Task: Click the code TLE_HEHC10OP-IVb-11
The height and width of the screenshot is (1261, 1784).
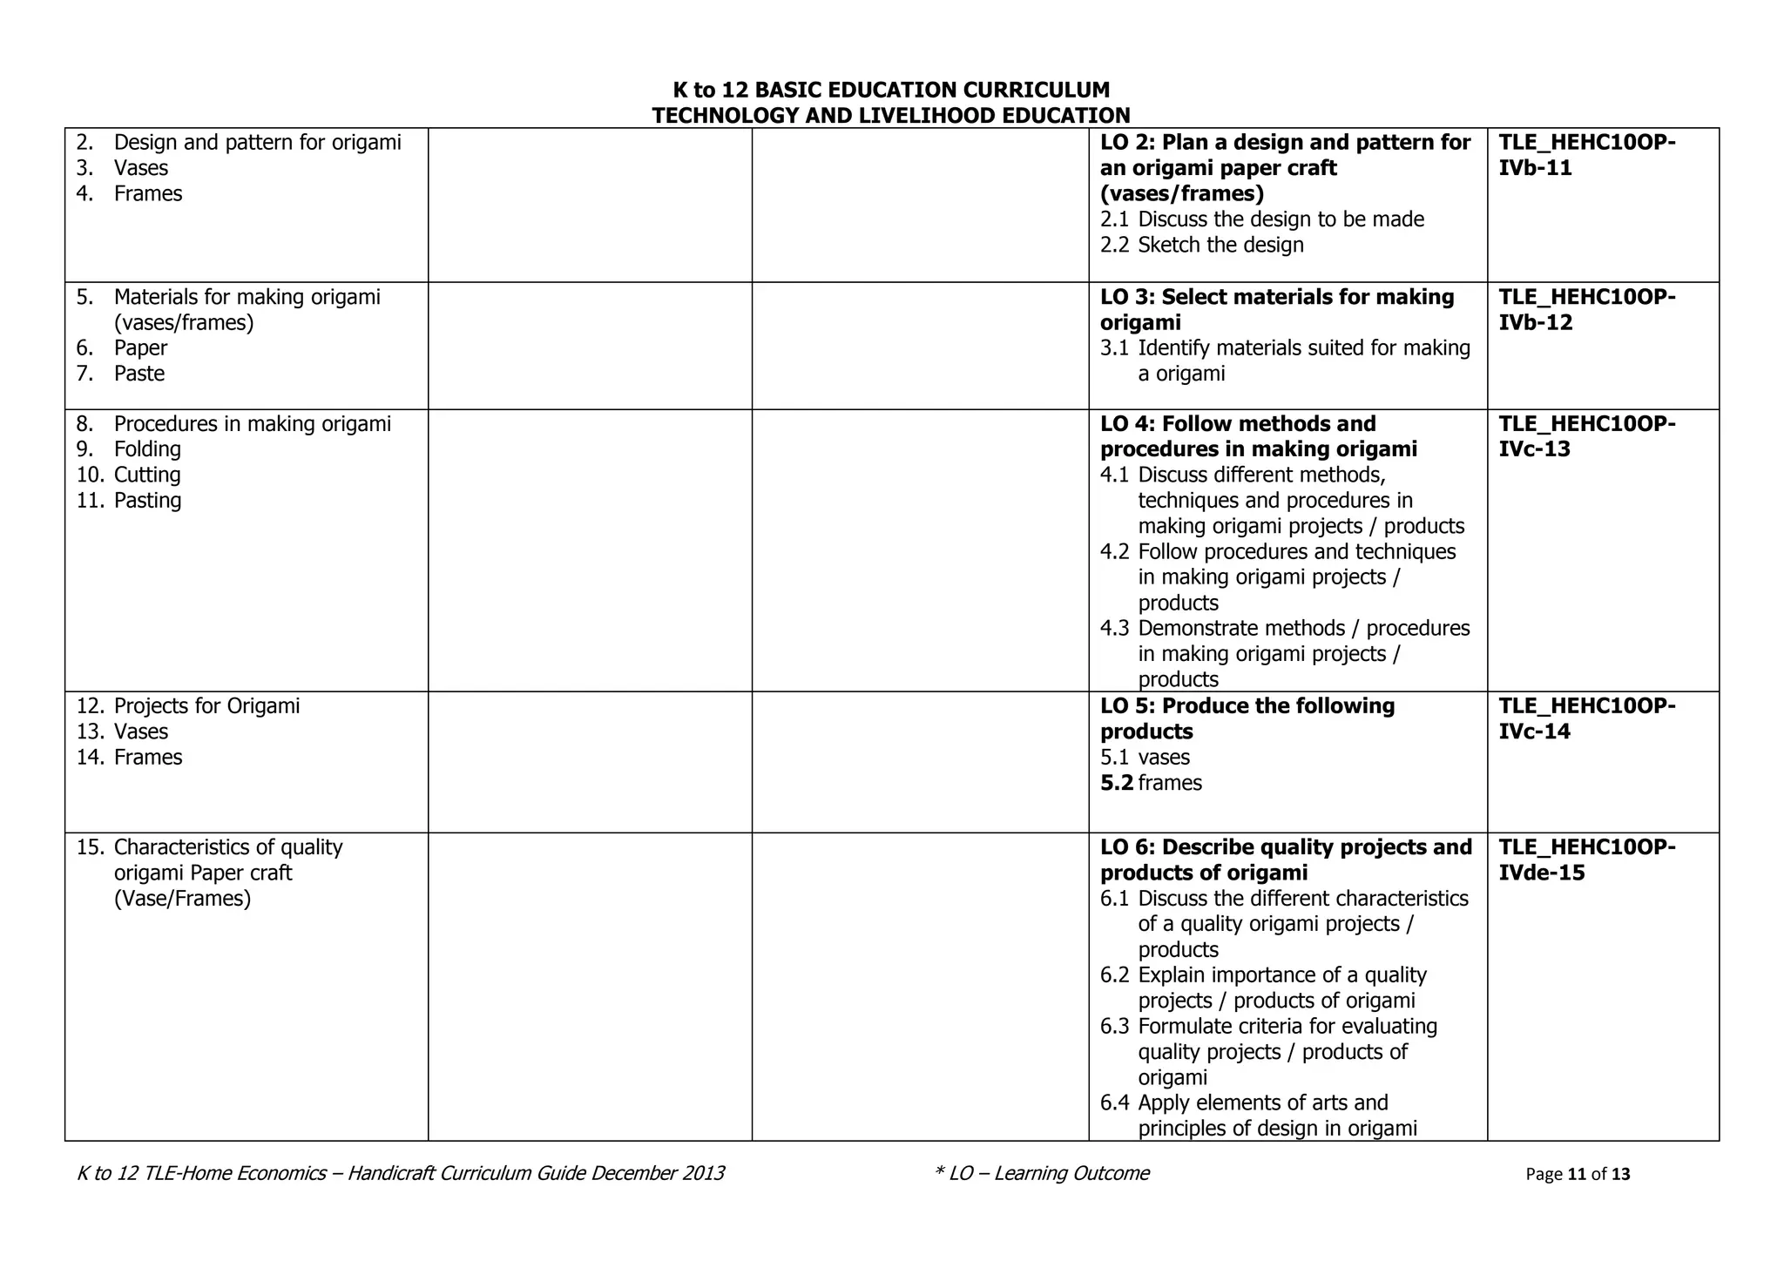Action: coord(1586,155)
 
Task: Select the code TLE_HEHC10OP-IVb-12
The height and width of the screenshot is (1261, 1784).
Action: coord(1586,310)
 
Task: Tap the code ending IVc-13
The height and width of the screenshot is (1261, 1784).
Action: coord(1586,436)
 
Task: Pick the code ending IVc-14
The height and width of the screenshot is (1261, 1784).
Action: coord(1586,718)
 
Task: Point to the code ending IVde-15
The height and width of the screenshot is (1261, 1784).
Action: coord(1586,860)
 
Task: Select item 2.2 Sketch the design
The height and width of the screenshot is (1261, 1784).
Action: coord(1202,245)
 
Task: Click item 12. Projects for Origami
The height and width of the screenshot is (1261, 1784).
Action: coord(188,705)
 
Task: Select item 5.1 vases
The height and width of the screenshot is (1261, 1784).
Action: coord(1145,757)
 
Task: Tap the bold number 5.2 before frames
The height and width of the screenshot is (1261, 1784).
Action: coord(1117,783)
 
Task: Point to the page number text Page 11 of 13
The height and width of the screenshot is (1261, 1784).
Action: coord(1578,1174)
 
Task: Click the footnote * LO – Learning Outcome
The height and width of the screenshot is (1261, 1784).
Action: coord(1041,1173)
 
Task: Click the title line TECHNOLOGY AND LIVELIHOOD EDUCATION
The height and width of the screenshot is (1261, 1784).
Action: coord(891,115)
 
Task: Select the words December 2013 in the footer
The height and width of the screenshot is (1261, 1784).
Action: coord(658,1173)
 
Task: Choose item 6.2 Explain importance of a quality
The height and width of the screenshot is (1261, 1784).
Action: coord(1263,974)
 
